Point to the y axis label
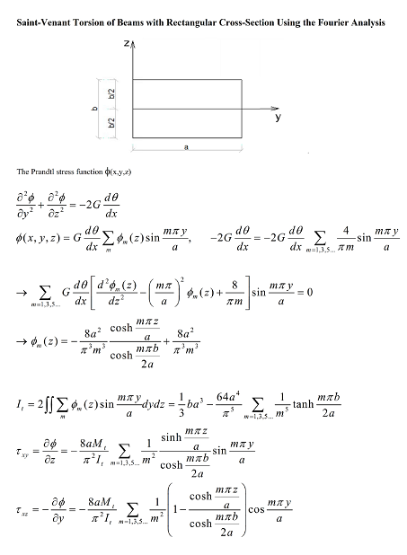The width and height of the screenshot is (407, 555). tap(278, 119)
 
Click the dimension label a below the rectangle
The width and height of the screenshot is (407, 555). tap(185, 145)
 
